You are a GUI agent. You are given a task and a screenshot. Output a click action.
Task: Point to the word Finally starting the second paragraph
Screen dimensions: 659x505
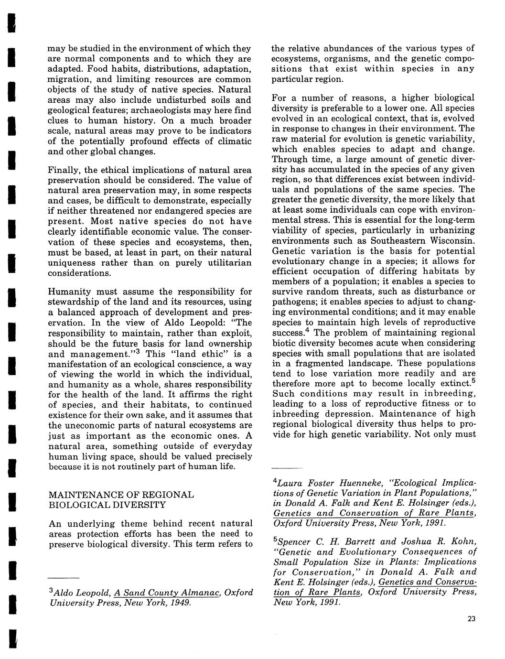pyautogui.click(x=64, y=170)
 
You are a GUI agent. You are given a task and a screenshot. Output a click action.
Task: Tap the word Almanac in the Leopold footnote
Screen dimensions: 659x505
pyautogui.click(x=198, y=593)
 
